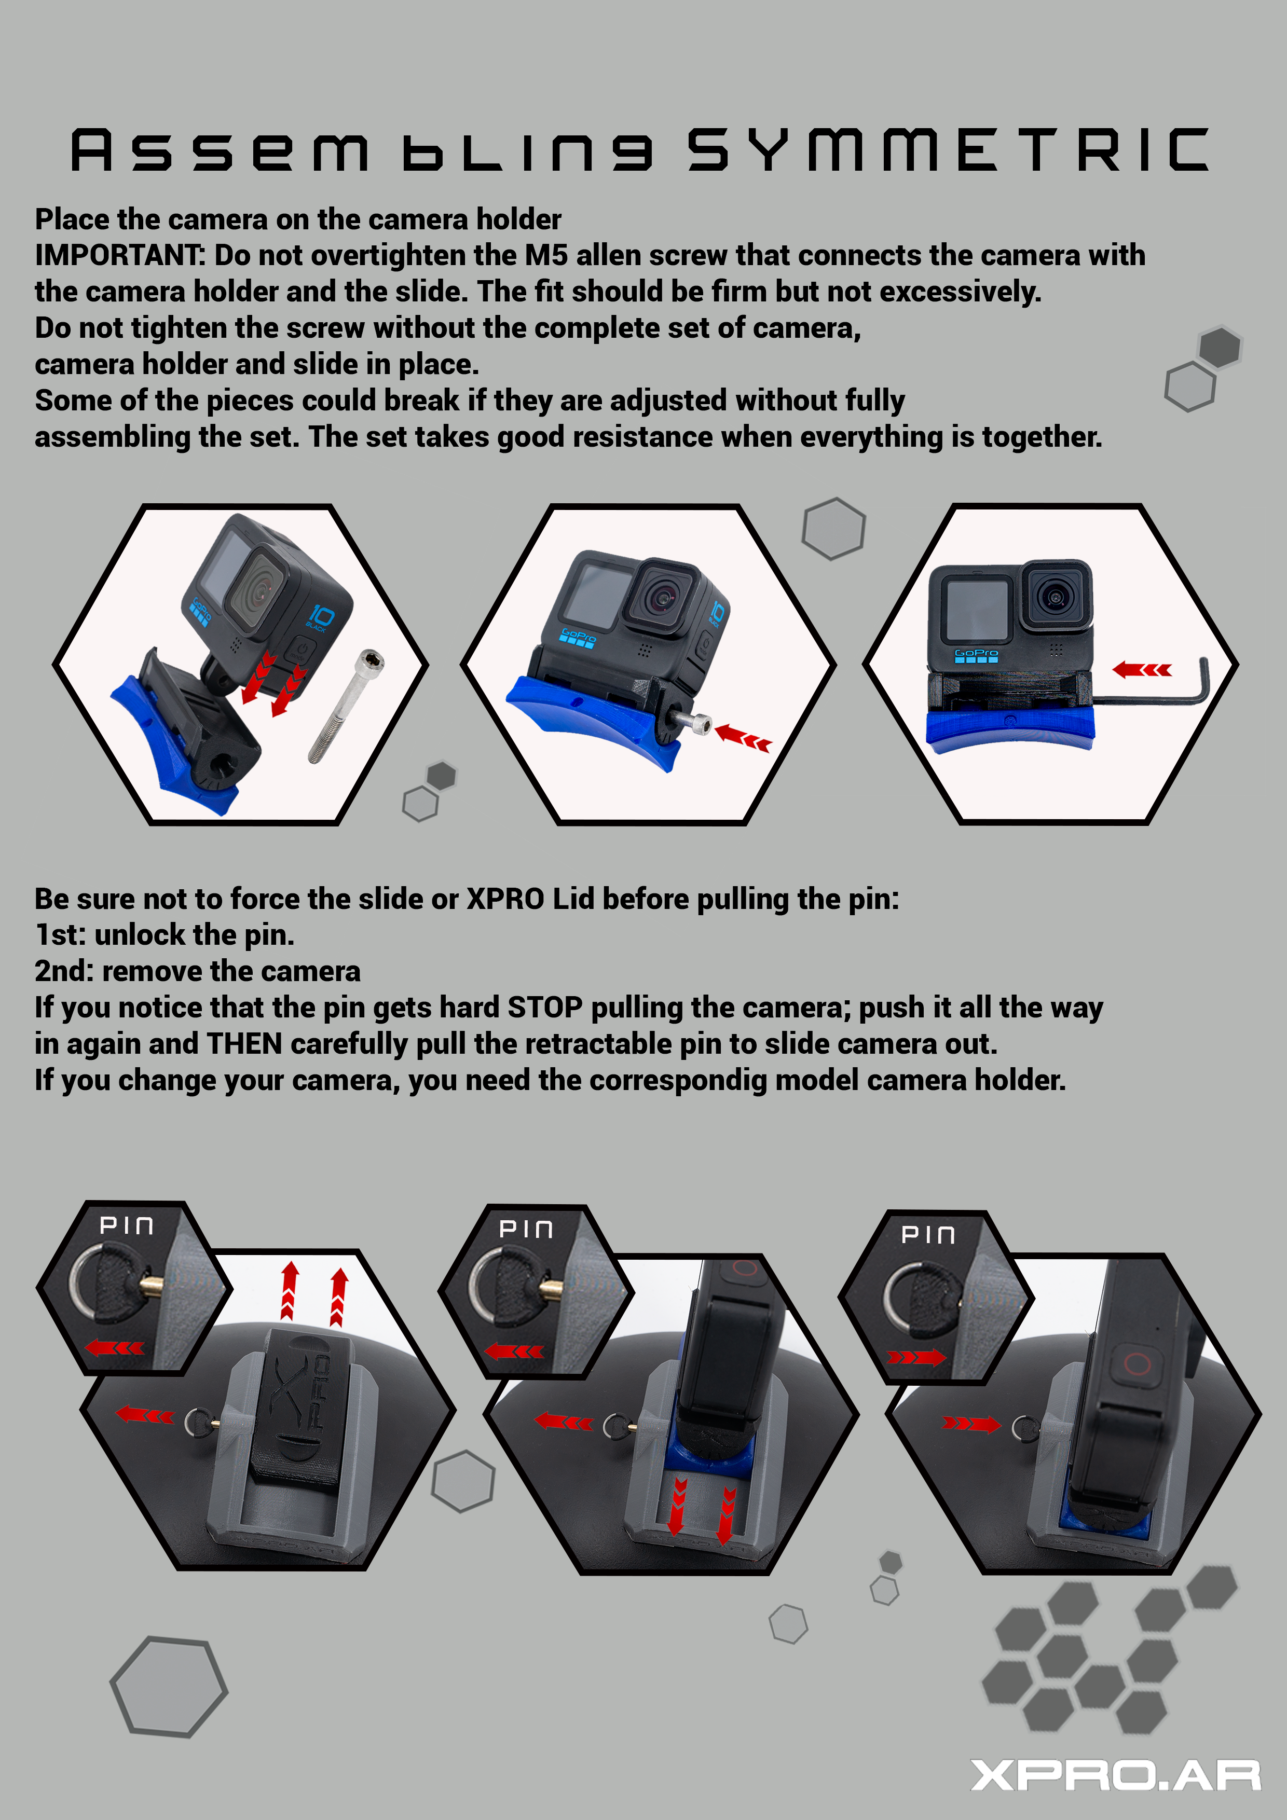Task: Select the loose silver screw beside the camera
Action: click(346, 706)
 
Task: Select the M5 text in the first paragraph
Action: click(546, 255)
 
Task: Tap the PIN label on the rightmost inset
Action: click(928, 1235)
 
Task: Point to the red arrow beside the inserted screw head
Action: click(743, 737)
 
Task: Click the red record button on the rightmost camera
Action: click(1137, 1364)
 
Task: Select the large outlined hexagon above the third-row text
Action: click(833, 528)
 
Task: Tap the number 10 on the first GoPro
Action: click(321, 615)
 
